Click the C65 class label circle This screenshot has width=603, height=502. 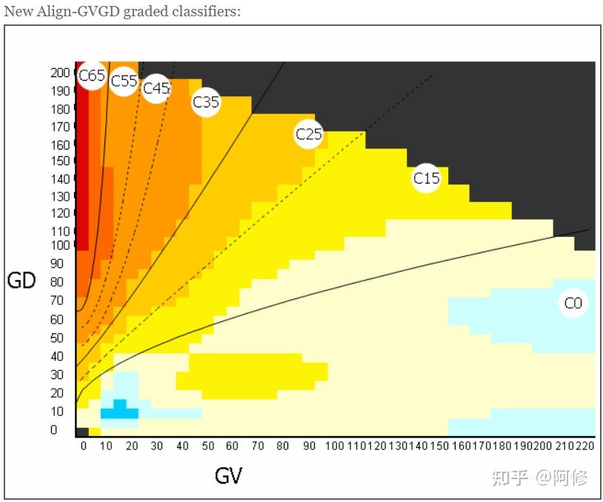[x=92, y=76]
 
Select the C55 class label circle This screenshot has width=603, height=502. [x=124, y=81]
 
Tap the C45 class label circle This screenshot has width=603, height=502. [x=156, y=88]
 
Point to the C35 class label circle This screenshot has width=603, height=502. [x=206, y=101]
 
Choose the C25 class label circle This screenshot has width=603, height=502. [x=309, y=134]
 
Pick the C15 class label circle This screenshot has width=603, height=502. [x=426, y=178]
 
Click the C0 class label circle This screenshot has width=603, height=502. [x=573, y=303]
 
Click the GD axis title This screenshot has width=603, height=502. [x=21, y=281]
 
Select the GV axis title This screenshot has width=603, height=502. [x=228, y=475]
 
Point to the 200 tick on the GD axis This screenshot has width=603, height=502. [x=60, y=73]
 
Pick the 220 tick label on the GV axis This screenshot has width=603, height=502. [x=585, y=446]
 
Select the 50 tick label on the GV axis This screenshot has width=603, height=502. [x=208, y=446]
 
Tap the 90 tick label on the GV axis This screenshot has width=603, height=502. [x=308, y=446]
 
